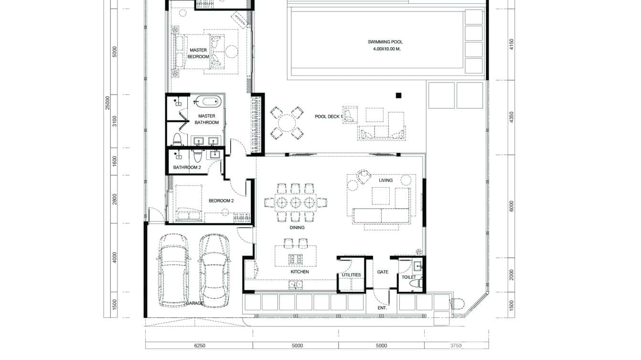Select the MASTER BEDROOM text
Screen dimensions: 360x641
coord(199,53)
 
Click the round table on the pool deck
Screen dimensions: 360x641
coord(287,123)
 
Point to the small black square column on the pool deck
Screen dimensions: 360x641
coord(398,95)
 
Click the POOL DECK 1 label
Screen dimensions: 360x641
coord(329,116)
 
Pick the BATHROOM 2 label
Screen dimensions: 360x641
coord(187,168)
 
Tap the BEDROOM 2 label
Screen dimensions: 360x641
coord(221,201)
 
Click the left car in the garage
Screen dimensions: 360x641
coord(173,270)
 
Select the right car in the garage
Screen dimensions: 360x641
coord(213,270)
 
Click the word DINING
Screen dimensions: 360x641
coord(297,228)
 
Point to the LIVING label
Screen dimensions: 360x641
coord(385,180)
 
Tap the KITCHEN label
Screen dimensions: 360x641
coord(299,272)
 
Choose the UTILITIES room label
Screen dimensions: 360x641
coord(351,275)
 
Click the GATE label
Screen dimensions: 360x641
coord(383,272)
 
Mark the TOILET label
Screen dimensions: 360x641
coord(409,277)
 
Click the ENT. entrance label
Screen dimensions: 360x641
coord(382,308)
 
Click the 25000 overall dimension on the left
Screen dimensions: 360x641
coord(108,102)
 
